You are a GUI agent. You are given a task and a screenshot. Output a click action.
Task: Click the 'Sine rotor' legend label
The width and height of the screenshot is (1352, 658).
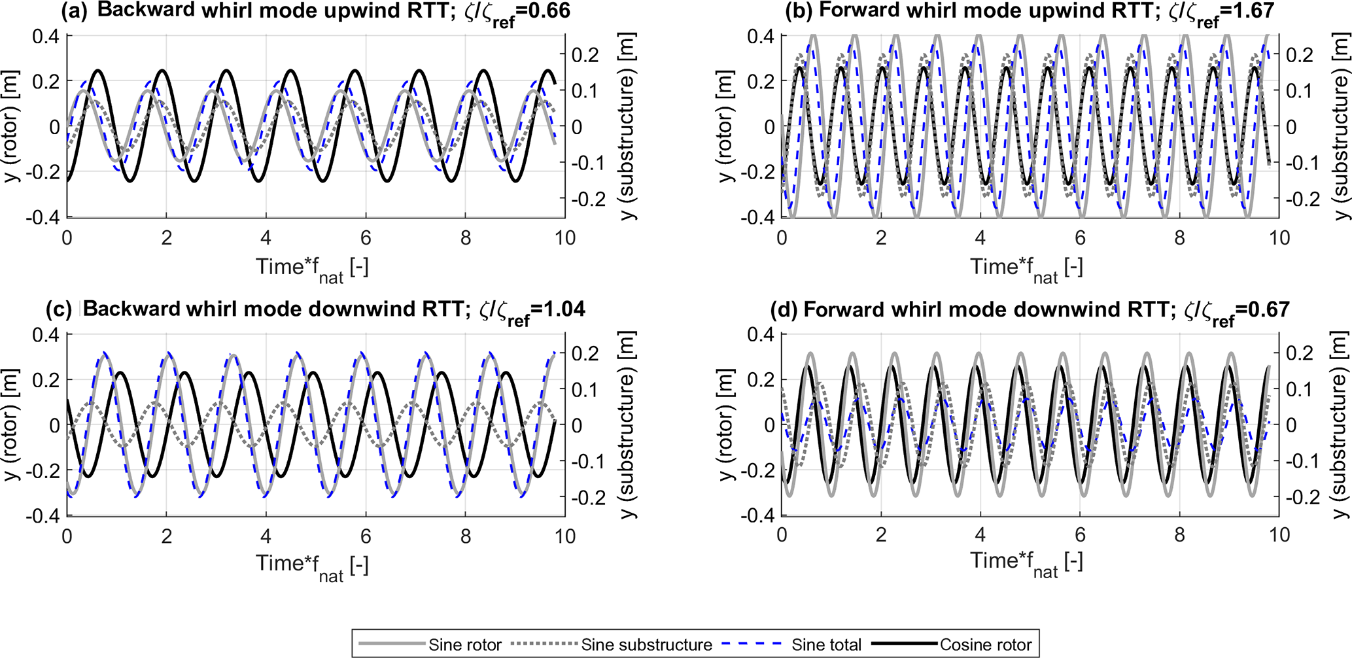coord(465,645)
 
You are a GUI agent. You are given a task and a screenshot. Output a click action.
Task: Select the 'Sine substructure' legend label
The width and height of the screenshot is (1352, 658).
coord(646,645)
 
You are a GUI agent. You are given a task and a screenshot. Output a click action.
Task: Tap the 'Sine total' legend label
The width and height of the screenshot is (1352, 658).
coord(826,645)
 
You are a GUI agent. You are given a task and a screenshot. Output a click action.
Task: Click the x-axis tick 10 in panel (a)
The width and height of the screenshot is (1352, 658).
coord(565,237)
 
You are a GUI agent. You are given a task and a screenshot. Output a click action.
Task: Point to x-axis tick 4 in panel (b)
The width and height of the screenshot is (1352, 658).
coord(980,237)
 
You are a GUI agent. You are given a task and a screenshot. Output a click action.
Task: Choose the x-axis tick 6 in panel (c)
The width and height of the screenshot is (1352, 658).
coord(366,536)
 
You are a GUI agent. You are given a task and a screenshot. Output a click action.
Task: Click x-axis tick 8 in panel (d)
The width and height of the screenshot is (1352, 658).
coord(1179,535)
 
